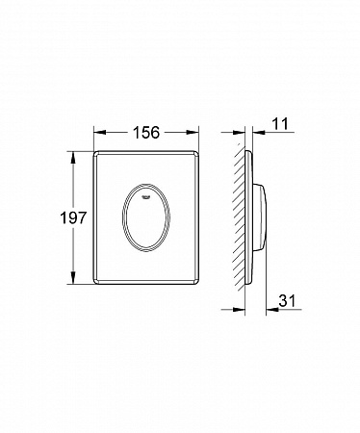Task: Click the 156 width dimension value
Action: [x=146, y=132]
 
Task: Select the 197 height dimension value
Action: [x=73, y=217]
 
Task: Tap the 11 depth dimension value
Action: [x=280, y=124]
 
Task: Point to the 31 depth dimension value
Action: [x=287, y=301]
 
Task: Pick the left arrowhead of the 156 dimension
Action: [x=98, y=132]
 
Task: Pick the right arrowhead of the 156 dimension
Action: [x=194, y=132]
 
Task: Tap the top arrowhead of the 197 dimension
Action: [x=73, y=156]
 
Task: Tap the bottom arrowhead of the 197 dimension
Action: [x=73, y=278]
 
